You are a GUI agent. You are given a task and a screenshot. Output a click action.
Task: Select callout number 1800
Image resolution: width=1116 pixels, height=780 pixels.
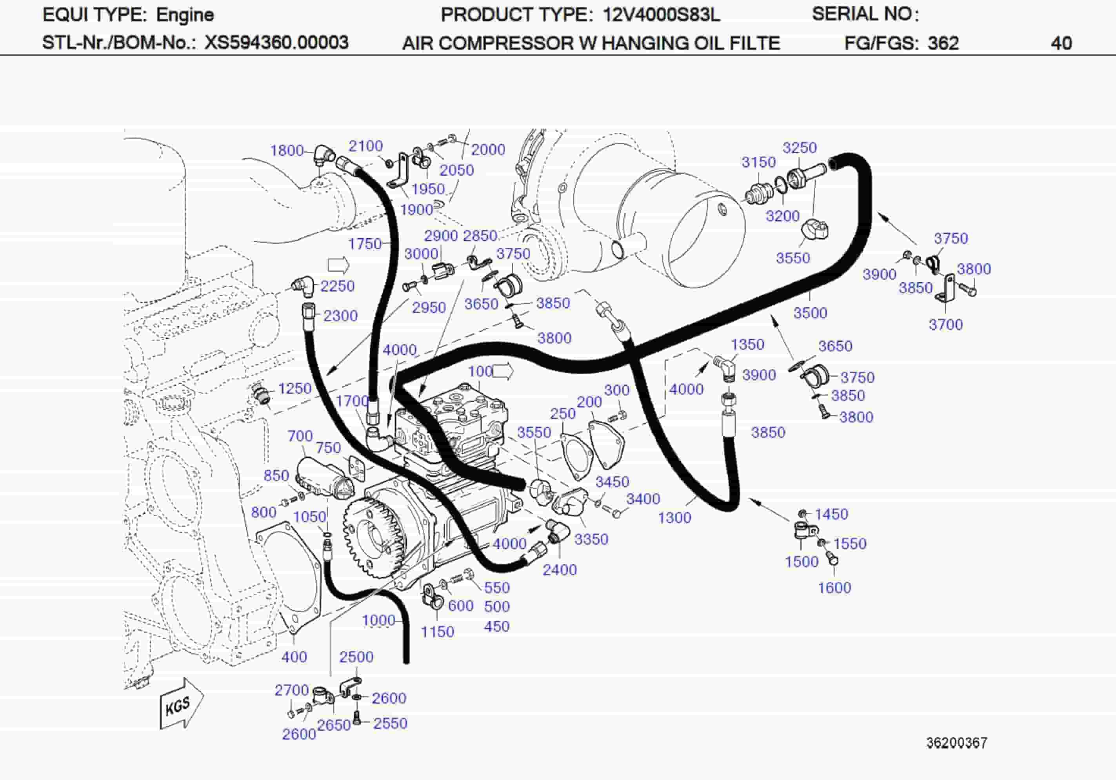click(287, 151)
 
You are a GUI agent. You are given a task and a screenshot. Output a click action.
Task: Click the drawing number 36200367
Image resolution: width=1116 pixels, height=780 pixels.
click(956, 743)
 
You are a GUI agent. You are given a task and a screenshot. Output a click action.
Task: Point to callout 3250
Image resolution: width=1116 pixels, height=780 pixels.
click(799, 148)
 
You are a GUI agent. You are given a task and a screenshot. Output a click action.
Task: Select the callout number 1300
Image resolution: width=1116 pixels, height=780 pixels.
click(674, 517)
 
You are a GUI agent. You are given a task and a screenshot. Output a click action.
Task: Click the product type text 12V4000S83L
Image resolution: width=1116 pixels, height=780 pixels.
click(661, 15)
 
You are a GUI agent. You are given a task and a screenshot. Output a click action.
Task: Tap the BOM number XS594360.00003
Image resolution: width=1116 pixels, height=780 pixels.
click(276, 43)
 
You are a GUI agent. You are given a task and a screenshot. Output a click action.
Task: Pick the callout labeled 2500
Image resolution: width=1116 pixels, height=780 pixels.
click(356, 657)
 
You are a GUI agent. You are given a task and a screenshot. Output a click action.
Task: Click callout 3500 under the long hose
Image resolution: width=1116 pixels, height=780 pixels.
click(810, 312)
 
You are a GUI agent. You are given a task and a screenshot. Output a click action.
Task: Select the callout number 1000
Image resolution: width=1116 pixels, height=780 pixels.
click(378, 620)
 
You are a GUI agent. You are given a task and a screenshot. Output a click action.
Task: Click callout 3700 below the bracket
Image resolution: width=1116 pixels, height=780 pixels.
click(945, 324)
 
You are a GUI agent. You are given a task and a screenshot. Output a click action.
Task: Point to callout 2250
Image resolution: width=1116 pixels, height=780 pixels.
click(337, 286)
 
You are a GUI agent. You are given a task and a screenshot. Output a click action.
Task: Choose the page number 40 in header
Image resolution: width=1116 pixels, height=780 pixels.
click(1061, 43)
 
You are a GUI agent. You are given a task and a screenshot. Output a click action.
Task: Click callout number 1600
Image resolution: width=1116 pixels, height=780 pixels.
click(834, 588)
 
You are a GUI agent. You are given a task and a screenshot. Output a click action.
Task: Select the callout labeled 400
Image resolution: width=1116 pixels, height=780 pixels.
click(294, 657)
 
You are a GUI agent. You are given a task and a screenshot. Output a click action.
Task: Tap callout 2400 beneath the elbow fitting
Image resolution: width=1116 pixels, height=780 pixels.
click(560, 570)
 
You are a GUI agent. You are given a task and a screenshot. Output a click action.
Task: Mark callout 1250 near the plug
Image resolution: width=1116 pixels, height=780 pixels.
click(294, 388)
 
